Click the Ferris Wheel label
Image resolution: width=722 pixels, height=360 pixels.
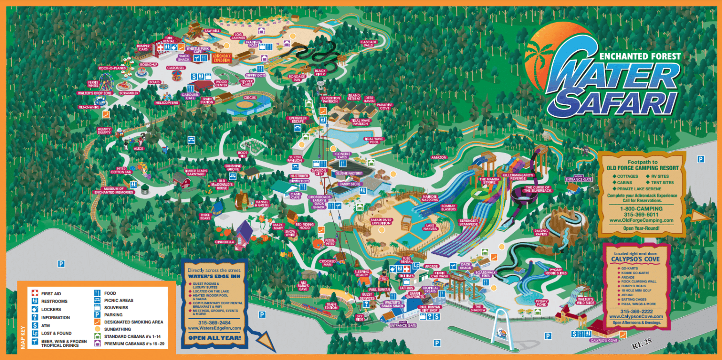(x=94, y=84)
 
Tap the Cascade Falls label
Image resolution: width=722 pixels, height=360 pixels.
(x=369, y=43)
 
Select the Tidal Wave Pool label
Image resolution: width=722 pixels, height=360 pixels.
(x=374, y=140)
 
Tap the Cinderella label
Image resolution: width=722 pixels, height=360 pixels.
(x=225, y=242)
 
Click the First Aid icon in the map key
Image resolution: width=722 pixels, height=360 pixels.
(x=35, y=293)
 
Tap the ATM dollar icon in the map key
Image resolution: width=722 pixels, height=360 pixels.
(x=35, y=325)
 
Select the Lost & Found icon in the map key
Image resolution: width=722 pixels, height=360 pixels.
(x=35, y=333)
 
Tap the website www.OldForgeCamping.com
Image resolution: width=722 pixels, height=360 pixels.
(x=641, y=220)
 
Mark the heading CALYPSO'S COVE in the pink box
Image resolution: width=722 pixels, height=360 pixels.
(x=636, y=259)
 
